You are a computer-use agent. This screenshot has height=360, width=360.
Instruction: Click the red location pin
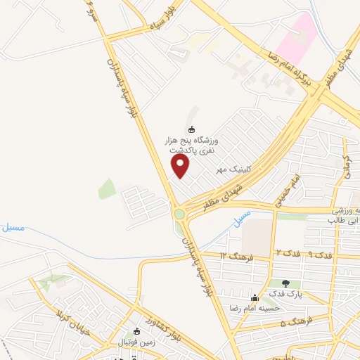(181, 165)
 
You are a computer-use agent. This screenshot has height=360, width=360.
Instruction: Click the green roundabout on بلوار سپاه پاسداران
(179, 213)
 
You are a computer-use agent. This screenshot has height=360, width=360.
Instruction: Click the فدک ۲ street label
(286, 251)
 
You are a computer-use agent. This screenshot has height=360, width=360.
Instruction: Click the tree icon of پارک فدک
(285, 284)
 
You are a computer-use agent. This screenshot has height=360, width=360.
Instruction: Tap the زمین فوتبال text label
(135, 341)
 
